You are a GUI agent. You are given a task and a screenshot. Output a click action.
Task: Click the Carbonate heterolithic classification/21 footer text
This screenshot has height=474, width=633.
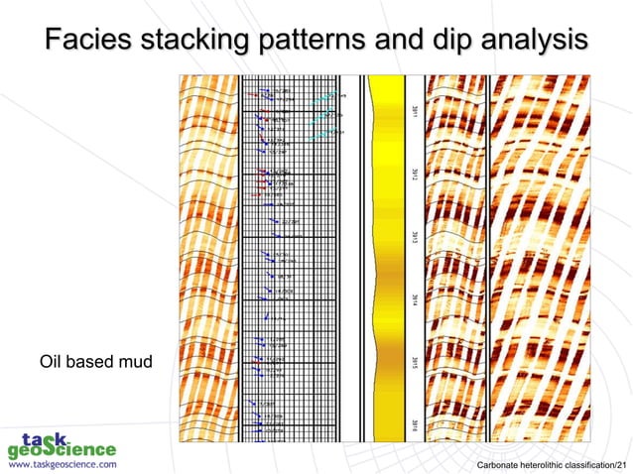[x=552, y=463]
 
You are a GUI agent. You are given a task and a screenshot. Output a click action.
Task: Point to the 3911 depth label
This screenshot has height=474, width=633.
[x=413, y=116]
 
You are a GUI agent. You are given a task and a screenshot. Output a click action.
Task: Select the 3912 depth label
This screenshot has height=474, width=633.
[x=413, y=177]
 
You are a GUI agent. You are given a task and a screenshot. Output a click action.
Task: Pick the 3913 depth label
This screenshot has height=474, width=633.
[x=413, y=238]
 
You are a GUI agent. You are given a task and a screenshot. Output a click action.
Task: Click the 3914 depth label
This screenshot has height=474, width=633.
[x=413, y=299]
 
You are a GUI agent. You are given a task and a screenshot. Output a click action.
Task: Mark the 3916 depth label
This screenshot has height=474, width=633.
[x=413, y=424]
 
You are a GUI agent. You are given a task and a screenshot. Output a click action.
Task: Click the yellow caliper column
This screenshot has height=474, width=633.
[x=385, y=258]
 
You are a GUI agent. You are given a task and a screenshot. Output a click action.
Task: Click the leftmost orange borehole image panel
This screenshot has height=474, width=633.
[x=205, y=258]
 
